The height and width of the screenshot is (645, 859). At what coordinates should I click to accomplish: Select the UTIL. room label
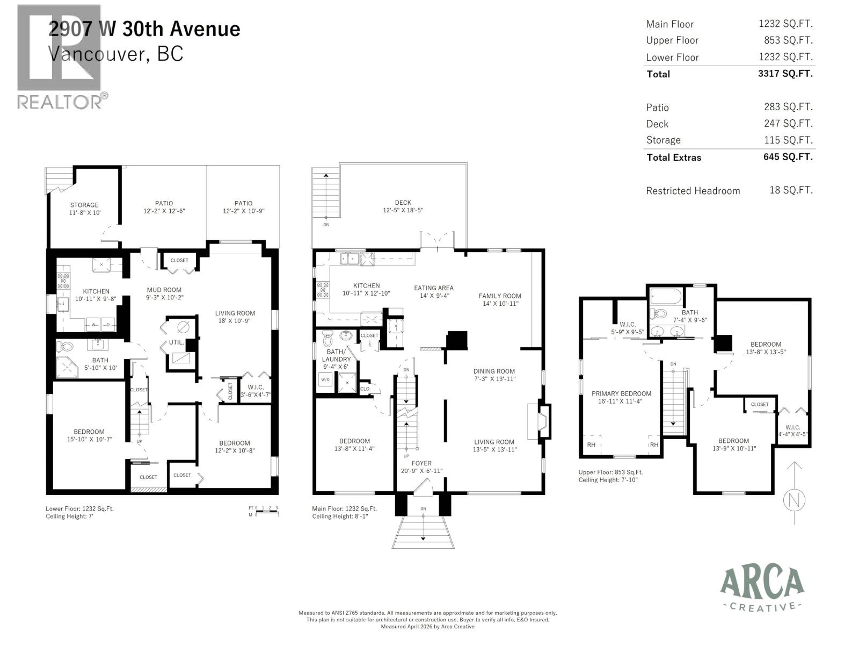click(x=176, y=342)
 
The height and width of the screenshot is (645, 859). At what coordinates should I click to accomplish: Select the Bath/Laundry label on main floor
click(x=336, y=355)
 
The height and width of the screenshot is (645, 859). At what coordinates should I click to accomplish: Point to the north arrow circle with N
click(x=795, y=500)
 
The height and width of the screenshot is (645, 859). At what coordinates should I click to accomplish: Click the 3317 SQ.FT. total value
click(x=785, y=74)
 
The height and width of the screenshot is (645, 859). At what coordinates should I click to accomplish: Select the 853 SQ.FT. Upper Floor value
click(x=788, y=40)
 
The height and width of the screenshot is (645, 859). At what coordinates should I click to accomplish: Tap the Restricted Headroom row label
click(x=693, y=191)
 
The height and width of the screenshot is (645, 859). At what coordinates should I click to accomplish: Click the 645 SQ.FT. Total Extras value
click(x=788, y=157)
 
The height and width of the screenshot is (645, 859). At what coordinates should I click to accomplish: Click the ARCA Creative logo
click(x=762, y=589)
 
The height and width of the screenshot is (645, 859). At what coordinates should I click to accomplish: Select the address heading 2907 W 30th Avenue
click(x=144, y=28)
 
